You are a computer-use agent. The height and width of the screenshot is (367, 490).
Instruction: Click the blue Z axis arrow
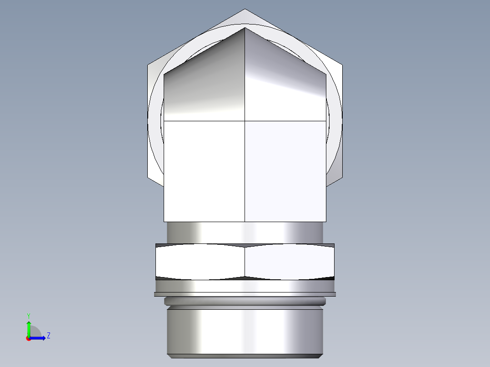[x=40, y=337]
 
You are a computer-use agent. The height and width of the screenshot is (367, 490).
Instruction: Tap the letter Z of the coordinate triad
[x=48, y=336]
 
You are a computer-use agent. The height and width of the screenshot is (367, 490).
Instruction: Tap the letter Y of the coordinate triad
[x=29, y=315]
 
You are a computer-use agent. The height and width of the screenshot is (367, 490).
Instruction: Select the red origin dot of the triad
[x=29, y=338]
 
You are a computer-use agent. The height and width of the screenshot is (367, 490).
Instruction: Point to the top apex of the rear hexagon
[x=245, y=10]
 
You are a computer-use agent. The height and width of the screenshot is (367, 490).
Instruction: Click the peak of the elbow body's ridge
[x=245, y=28]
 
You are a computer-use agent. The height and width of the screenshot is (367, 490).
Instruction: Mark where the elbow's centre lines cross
[x=245, y=121]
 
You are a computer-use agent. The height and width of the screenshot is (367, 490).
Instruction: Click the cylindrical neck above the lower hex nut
[x=245, y=233]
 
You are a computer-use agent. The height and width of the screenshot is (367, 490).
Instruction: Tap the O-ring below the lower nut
[x=245, y=301]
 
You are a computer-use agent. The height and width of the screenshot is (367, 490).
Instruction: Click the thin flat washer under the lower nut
[x=245, y=294]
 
